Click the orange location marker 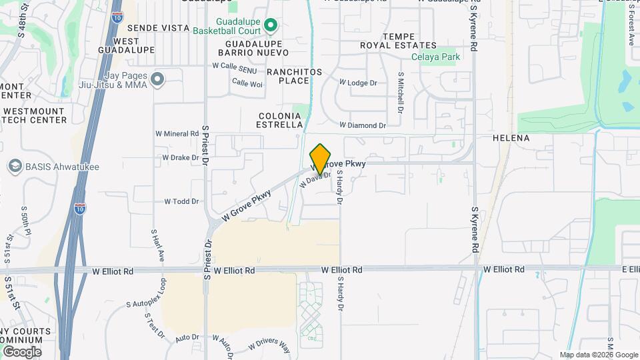pos(321,158)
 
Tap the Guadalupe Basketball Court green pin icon pos(271,25)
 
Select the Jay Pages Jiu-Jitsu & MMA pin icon pos(157,80)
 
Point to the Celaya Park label pos(435,57)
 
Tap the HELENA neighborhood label pos(511,138)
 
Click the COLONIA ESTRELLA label pos(281,120)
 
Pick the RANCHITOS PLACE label pos(294,76)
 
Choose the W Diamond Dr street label pos(362,125)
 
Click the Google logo pos(22,351)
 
